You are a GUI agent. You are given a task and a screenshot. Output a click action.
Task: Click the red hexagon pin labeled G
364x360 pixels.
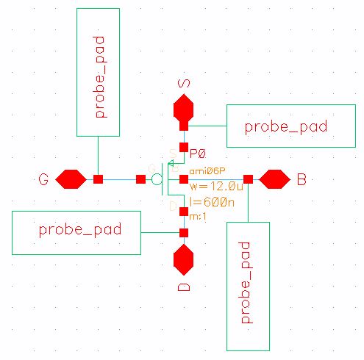71,179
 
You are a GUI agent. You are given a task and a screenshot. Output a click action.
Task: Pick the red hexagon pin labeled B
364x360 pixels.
275,179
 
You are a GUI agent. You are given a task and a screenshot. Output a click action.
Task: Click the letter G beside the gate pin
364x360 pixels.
44,179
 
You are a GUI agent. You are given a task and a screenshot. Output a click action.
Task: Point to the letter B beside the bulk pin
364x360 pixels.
301,179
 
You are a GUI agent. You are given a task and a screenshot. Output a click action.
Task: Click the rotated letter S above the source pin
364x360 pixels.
185,83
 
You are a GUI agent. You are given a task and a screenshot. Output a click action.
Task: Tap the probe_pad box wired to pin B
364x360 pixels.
249,285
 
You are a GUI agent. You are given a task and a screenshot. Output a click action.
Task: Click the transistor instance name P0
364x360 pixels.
196,154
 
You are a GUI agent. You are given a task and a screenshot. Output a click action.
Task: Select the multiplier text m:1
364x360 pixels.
197,216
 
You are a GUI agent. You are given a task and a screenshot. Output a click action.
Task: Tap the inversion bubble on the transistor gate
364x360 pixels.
156,179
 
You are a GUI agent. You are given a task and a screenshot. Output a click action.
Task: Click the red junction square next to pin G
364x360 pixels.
98,179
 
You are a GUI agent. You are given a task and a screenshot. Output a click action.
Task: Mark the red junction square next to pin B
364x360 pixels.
249,179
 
